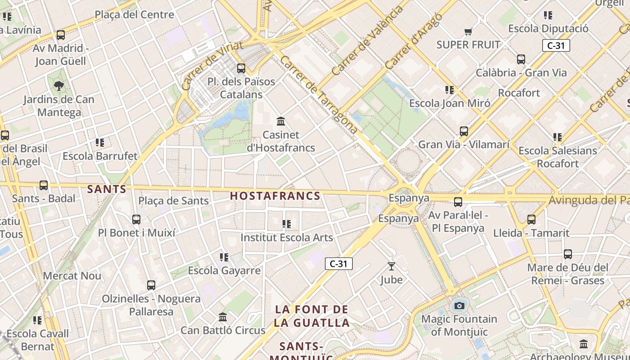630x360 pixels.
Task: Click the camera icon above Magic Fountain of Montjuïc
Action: (x=459, y=306)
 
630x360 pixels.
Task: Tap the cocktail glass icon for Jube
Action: (x=391, y=266)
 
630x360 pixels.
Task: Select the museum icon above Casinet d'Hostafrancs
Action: (x=281, y=121)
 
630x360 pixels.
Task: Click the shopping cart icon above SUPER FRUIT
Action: (x=468, y=31)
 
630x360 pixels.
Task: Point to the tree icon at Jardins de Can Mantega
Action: (x=58, y=85)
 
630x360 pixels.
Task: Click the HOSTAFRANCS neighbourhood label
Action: (x=275, y=196)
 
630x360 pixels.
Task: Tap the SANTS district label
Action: (x=107, y=189)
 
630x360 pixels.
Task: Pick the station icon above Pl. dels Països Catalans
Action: (x=241, y=68)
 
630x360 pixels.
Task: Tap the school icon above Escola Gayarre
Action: (x=224, y=257)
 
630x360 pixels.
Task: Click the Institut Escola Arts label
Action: (x=287, y=238)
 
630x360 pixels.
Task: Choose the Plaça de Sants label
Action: (x=173, y=201)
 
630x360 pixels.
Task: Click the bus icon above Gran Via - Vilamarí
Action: (x=464, y=131)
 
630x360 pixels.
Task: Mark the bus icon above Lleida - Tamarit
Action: (x=531, y=220)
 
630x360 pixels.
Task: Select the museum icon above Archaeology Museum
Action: (x=584, y=344)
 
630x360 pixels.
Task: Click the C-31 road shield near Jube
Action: (x=338, y=264)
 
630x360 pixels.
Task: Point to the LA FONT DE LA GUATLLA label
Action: (x=312, y=316)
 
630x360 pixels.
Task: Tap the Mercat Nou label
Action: (x=72, y=276)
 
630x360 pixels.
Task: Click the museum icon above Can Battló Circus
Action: (x=223, y=317)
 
